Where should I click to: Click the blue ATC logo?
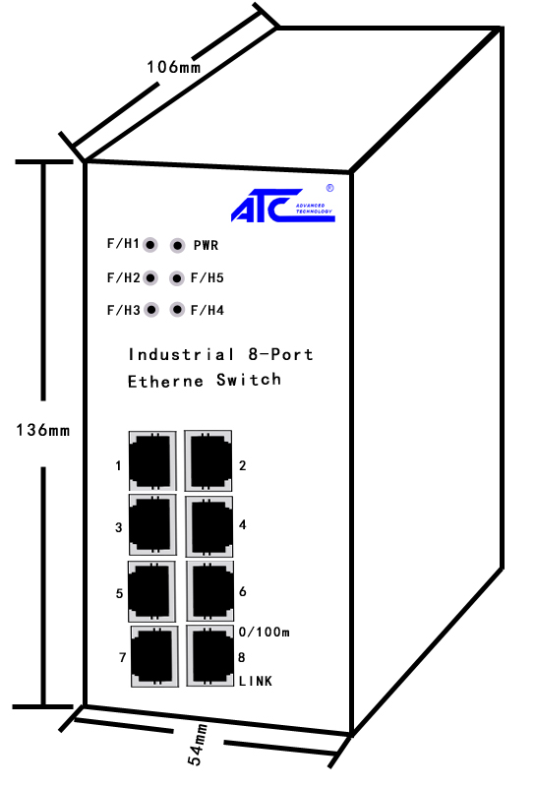283,206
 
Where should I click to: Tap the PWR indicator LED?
177,245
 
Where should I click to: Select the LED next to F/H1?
150,245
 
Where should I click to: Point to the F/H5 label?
207,278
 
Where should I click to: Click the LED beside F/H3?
151,310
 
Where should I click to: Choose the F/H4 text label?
207,310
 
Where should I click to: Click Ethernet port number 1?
152,460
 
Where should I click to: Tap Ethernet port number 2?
208,460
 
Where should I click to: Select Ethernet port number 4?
209,526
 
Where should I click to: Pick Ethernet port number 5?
151,591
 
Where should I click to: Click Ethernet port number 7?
154,656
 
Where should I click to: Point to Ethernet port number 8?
210,655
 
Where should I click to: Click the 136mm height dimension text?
42,430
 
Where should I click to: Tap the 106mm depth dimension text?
173,67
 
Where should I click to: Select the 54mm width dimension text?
198,745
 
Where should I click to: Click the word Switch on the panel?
249,380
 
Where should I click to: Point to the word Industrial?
181,354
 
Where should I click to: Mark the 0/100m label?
264,632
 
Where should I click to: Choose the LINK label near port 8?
256,681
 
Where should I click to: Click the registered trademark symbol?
329,188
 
